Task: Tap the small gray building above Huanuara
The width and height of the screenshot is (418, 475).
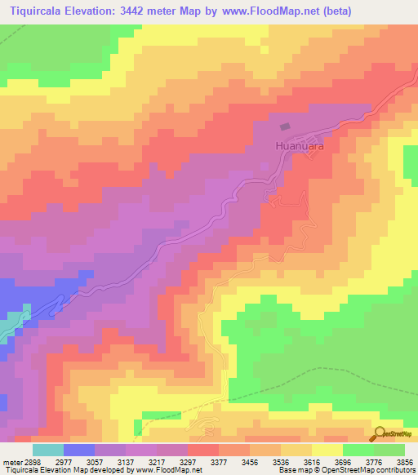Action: [x=285, y=127]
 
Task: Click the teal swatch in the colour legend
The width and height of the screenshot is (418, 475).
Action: [x=47, y=450]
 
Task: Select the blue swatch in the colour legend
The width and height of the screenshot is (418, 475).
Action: [x=79, y=450]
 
